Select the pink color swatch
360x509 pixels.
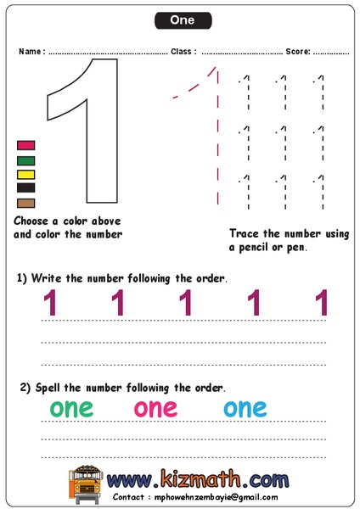tap(26, 145)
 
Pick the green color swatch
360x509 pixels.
tap(26, 159)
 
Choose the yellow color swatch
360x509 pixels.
tap(26, 174)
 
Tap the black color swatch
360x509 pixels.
tap(26, 187)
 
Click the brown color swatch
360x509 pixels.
tap(26, 203)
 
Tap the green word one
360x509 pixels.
tap(70, 408)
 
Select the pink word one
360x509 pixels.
tap(155, 408)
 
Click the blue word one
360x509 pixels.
tap(245, 408)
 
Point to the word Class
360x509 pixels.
tap(182, 52)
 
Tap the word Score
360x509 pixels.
tap(297, 52)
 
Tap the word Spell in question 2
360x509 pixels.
tap(48, 388)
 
